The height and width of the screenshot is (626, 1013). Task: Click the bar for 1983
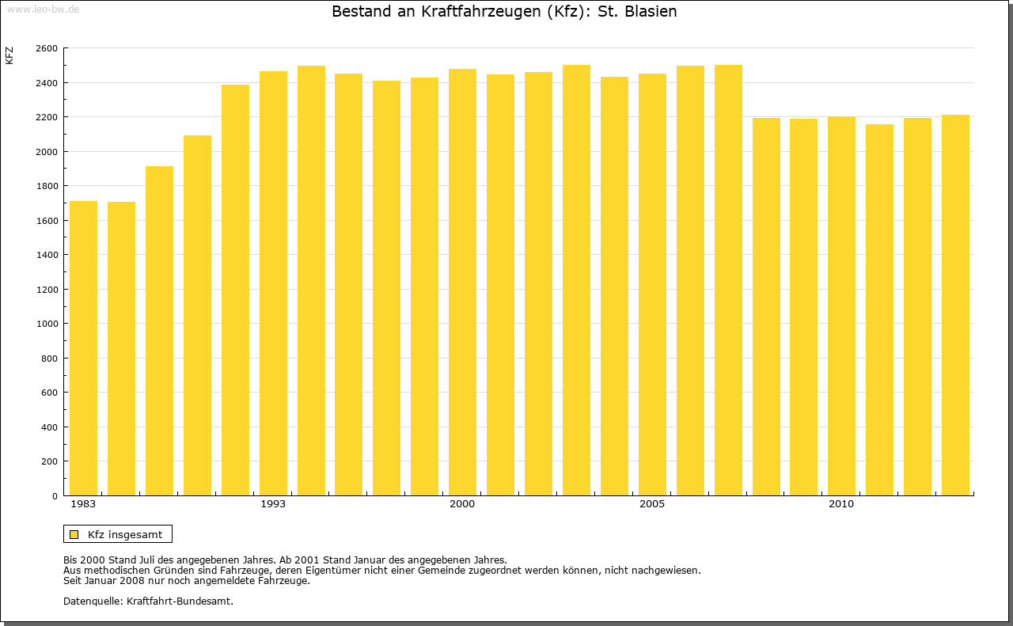pos(83,348)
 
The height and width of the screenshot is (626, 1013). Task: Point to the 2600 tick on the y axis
pos(47,48)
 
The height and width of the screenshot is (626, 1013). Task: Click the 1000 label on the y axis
pos(47,324)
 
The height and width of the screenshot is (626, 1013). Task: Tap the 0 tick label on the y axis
pos(54,496)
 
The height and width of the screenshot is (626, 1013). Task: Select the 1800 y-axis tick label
pos(47,186)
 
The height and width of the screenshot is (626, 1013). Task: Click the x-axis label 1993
pos(273,504)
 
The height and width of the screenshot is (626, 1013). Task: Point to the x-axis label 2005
pos(652,504)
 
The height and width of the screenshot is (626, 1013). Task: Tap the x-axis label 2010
pos(841,504)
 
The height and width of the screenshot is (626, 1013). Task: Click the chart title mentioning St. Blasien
pos(504,12)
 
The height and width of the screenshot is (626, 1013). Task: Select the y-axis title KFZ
pos(9,55)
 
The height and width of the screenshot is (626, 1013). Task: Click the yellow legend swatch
pos(74,534)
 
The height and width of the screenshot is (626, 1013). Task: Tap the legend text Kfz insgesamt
pos(125,534)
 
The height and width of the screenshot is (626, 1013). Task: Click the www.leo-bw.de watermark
pos(43,8)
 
